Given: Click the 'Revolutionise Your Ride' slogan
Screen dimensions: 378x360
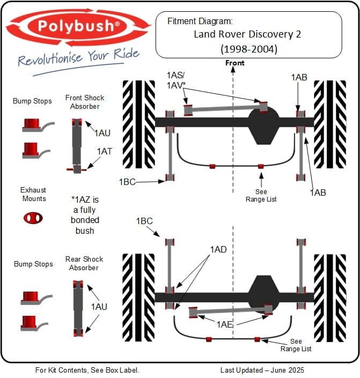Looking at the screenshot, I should click(x=78, y=56).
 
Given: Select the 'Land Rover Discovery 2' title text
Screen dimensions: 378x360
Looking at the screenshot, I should click(x=247, y=34).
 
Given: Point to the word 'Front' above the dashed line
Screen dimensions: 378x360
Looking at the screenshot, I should click(x=234, y=63).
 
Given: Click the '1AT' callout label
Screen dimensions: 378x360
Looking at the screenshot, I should click(x=105, y=152).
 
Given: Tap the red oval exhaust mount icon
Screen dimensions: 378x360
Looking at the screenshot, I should click(x=33, y=217).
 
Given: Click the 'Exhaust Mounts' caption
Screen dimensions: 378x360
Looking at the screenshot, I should click(x=33, y=194).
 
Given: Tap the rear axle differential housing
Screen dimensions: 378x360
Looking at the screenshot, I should click(x=262, y=294).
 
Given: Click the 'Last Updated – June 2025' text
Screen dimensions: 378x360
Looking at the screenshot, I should click(x=262, y=370).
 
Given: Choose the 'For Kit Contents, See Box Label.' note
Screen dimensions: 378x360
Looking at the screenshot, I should click(x=87, y=370).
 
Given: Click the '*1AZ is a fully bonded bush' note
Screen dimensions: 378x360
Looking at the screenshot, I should click(x=85, y=214).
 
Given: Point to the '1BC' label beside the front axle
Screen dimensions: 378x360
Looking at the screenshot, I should click(x=128, y=182).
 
